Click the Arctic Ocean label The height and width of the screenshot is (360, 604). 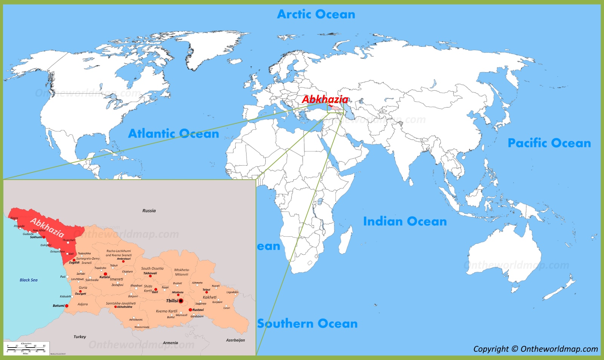pyautogui.click(x=316, y=14)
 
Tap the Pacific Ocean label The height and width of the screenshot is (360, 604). pyautogui.click(x=549, y=143)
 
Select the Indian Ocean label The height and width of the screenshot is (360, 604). pyautogui.click(x=405, y=222)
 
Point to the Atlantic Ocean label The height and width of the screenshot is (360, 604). pyautogui.click(x=173, y=134)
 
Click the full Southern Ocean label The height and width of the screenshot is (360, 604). pyautogui.click(x=307, y=323)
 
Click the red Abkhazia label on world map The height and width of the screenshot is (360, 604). pyautogui.click(x=325, y=99)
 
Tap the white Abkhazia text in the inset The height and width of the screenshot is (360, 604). pyautogui.click(x=47, y=227)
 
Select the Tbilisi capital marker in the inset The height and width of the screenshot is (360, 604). pyautogui.click(x=181, y=301)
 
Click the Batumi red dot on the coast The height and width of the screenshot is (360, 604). pyautogui.click(x=67, y=306)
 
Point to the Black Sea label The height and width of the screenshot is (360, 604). pyautogui.click(x=29, y=280)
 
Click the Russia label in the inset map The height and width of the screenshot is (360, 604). pyautogui.click(x=149, y=211)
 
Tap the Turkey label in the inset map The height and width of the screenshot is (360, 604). pyautogui.click(x=80, y=337)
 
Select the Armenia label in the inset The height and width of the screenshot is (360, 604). pyautogui.click(x=170, y=343)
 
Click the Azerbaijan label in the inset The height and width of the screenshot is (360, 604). pyautogui.click(x=235, y=340)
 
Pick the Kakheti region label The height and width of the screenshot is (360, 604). pyautogui.click(x=210, y=297)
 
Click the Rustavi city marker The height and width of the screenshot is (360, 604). pyautogui.click(x=190, y=310)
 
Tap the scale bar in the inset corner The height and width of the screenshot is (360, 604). pyautogui.click(x=26, y=348)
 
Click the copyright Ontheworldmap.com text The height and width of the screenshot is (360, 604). pyautogui.click(x=535, y=349)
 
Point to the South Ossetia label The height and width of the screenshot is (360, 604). pyautogui.click(x=152, y=269)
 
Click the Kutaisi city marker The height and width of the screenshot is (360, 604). pyautogui.click(x=105, y=274)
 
